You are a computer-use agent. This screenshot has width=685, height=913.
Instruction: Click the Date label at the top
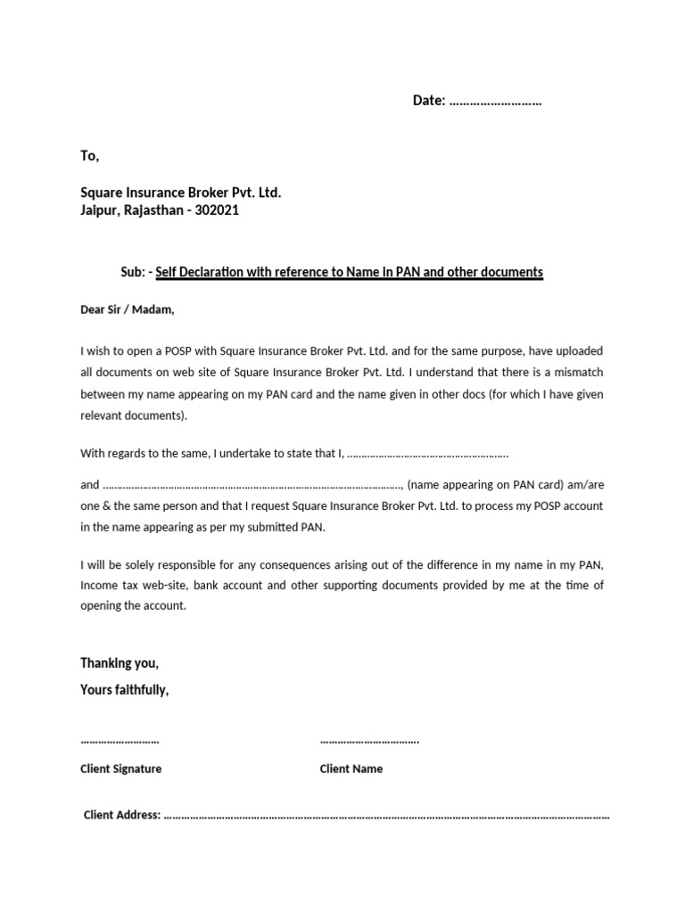coord(428,101)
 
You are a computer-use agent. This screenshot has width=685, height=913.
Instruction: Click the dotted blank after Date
coord(495,102)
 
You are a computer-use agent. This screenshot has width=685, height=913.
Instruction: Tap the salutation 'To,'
coord(90,156)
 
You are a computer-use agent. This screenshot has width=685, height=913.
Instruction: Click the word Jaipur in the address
coord(101,210)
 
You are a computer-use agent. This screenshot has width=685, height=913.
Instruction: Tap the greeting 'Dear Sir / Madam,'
coord(128,310)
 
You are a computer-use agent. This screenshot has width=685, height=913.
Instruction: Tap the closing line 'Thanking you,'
coord(120,663)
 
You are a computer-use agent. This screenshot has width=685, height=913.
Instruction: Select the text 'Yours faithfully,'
coord(124,690)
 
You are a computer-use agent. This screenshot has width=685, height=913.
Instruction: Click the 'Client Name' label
coord(351,769)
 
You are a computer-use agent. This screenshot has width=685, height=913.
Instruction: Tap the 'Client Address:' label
coord(122,814)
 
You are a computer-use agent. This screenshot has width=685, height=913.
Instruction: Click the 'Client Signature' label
coord(121,769)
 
